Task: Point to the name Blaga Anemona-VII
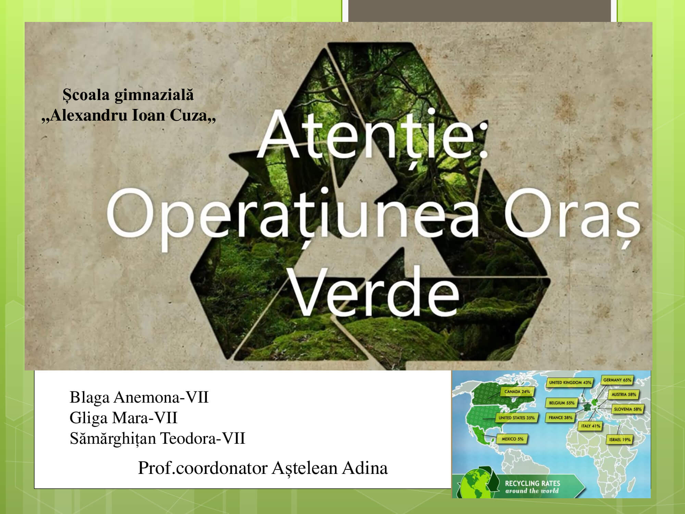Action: (x=139, y=397)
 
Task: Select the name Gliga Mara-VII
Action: (x=123, y=418)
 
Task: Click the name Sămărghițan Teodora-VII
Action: (x=158, y=438)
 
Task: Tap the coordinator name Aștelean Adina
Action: (x=329, y=468)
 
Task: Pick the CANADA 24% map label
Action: (x=517, y=392)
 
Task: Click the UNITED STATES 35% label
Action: (x=516, y=418)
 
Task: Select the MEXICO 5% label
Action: (x=512, y=439)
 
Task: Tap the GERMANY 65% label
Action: (x=617, y=380)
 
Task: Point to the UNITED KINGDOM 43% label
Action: (x=570, y=382)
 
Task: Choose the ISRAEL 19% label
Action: (x=620, y=440)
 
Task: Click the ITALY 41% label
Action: (x=591, y=426)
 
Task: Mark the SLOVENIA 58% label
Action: (x=627, y=409)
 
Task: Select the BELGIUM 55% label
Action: (x=562, y=403)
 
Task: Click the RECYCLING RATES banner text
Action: (x=533, y=483)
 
